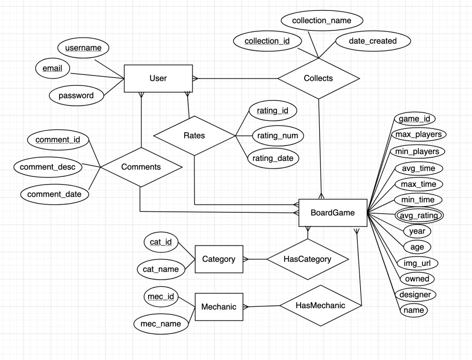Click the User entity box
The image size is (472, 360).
[158, 78]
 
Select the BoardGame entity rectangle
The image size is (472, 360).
[332, 212]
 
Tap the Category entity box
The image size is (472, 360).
[219, 259]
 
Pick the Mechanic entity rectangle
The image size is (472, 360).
[219, 307]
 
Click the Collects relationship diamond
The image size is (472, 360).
[318, 78]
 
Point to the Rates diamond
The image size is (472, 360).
[194, 135]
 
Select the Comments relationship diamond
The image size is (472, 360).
[141, 167]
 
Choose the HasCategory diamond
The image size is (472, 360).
[307, 259]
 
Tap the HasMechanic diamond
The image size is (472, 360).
[320, 305]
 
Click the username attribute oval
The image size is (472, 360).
[83, 48]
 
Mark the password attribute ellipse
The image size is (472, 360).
[76, 95]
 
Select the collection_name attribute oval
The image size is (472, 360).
[321, 20]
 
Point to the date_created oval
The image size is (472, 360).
[373, 41]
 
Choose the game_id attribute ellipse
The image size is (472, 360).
[414, 119]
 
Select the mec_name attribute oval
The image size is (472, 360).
[161, 324]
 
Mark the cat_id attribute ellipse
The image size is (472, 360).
[161, 242]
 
